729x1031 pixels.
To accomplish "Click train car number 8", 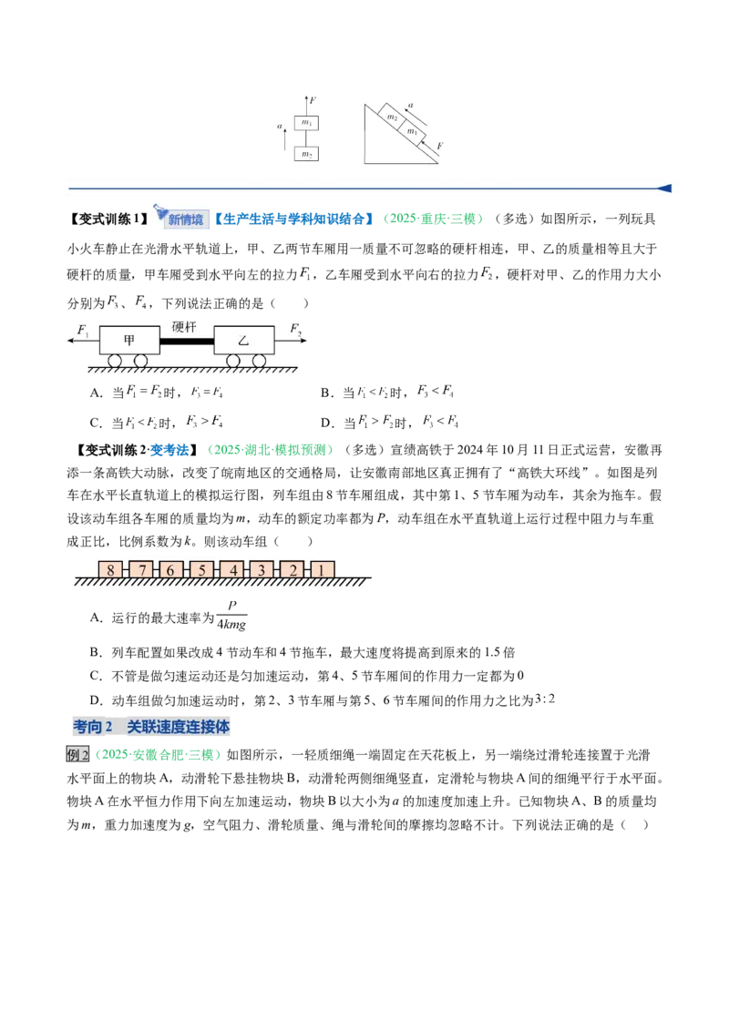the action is click(110, 569).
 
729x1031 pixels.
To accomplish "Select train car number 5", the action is click(201, 569).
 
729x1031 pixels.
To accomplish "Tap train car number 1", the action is click(322, 569).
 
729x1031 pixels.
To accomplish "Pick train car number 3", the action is click(262, 569).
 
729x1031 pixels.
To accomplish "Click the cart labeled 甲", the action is click(129, 340).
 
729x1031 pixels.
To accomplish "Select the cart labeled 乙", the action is click(243, 340).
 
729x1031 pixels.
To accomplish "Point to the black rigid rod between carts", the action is click(186, 341).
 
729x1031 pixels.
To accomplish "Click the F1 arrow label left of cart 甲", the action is click(83, 330).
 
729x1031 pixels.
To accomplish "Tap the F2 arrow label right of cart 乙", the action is click(295, 330).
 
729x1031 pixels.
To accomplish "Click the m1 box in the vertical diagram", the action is click(306, 122).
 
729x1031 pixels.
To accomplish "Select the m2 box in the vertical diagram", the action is click(306, 154).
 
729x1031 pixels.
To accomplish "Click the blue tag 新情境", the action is click(186, 219).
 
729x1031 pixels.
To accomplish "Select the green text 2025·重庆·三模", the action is click(433, 219).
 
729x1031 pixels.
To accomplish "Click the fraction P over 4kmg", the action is click(231, 616).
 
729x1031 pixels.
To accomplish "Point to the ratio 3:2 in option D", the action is click(545, 699).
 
